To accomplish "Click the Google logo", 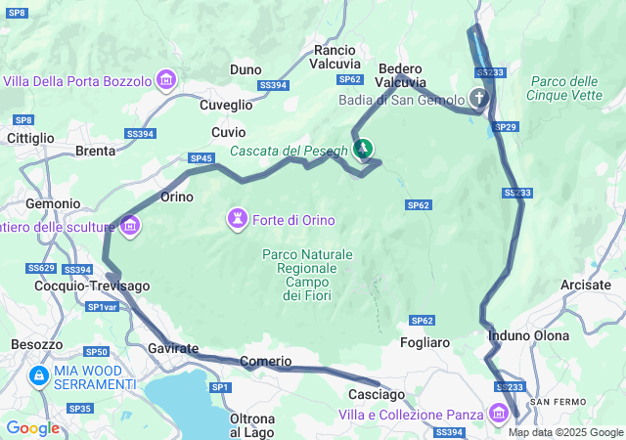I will tap(32, 427).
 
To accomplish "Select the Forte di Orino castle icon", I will tap(238, 218).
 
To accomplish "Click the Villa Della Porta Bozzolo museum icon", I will tap(165, 79).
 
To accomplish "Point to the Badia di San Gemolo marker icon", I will tap(479, 98).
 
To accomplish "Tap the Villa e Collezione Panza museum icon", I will tap(500, 414).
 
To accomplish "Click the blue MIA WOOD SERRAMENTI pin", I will tap(38, 374).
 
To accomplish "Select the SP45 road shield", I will tap(201, 158).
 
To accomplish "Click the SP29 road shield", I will tap(505, 127).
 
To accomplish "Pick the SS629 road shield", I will tap(41, 268).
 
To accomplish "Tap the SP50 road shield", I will tap(96, 352).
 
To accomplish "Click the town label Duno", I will tap(246, 69).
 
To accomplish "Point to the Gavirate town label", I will tap(173, 348).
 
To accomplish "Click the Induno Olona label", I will tap(528, 335).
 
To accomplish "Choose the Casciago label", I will tap(377, 394).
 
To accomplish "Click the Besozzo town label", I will tap(36, 344).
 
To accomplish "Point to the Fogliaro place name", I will tap(425, 342).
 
